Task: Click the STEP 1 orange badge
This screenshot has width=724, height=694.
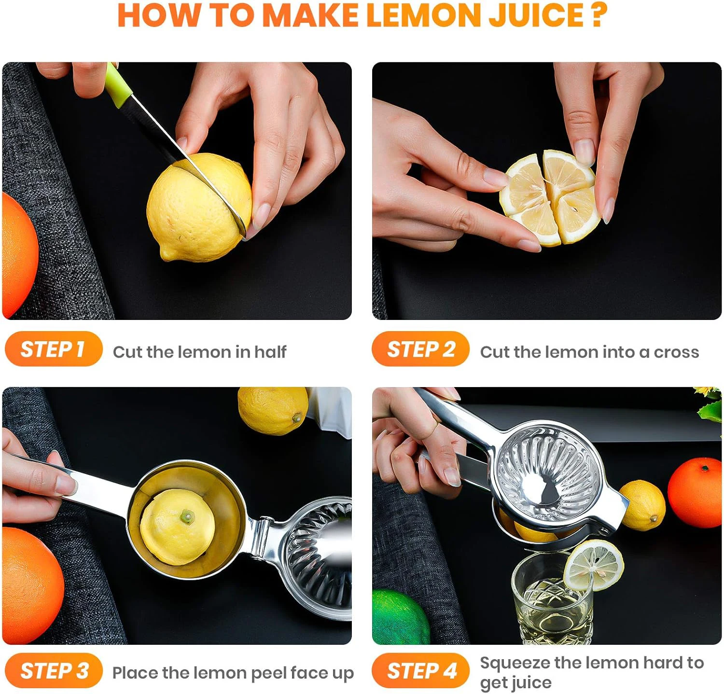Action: click(x=54, y=348)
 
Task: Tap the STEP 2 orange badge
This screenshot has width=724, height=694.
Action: click(x=420, y=348)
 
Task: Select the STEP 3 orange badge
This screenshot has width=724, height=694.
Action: click(x=54, y=670)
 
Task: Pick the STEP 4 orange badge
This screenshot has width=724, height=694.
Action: click(x=420, y=670)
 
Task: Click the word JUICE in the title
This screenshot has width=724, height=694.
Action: click(x=536, y=15)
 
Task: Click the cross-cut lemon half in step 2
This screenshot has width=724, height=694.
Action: click(x=550, y=198)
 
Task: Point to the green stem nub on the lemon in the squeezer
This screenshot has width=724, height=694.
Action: click(x=186, y=517)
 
